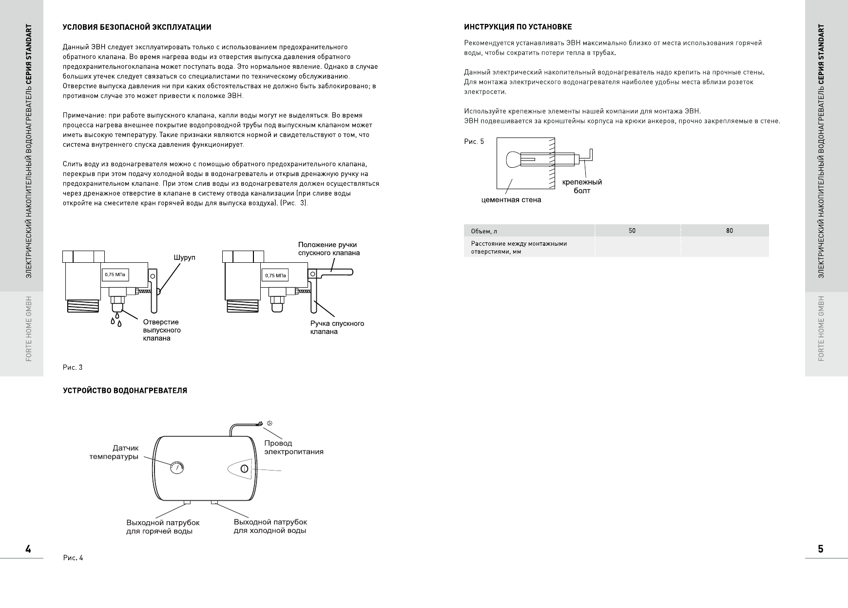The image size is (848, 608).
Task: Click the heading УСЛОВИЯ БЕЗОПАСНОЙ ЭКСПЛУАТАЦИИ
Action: (x=137, y=27)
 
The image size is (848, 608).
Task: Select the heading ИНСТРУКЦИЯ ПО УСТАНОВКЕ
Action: (x=518, y=27)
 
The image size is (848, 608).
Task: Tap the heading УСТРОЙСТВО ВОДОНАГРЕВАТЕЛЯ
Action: (x=125, y=391)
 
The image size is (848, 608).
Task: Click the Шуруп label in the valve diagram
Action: (x=185, y=257)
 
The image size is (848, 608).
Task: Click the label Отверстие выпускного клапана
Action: (x=161, y=330)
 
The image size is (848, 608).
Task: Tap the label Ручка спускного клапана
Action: (x=337, y=328)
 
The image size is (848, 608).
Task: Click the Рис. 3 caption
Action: (x=73, y=368)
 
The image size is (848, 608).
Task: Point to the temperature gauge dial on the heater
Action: (x=176, y=468)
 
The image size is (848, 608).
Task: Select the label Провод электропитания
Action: (x=293, y=448)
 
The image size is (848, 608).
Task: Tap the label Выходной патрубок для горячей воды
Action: (x=163, y=527)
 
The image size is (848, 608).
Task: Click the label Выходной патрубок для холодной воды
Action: (x=270, y=527)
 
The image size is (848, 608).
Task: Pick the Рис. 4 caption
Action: (x=73, y=558)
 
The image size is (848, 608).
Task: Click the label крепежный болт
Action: (x=582, y=186)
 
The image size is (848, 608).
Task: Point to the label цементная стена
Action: (x=511, y=200)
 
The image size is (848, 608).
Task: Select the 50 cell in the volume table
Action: (x=632, y=231)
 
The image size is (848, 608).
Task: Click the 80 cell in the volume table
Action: (x=729, y=231)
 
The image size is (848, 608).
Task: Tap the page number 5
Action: (x=821, y=549)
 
